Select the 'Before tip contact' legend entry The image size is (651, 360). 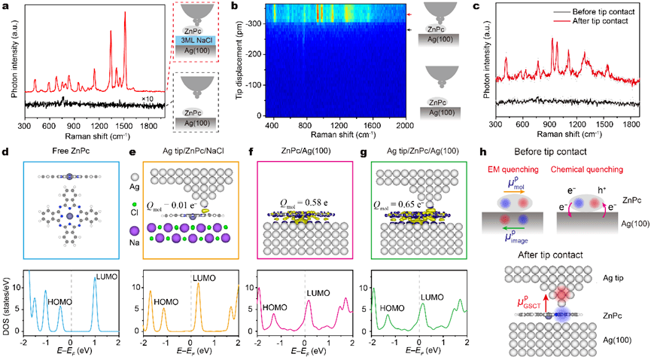pos(601,14)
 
